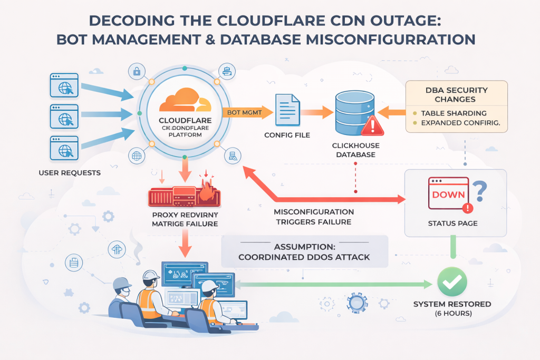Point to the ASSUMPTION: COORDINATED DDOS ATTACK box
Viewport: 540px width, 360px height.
click(x=304, y=252)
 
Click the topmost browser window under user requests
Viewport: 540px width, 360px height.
click(x=64, y=84)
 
